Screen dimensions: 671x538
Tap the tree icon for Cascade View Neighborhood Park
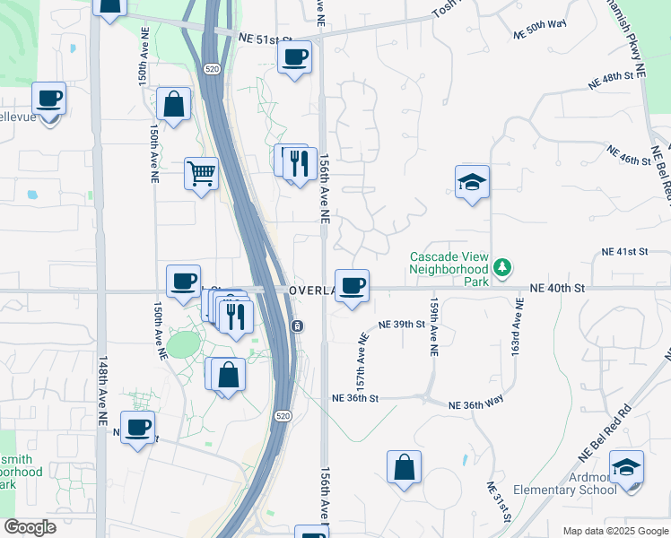(x=503, y=266)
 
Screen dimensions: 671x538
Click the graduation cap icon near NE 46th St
(x=472, y=183)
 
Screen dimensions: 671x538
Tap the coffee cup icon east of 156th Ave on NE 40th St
(x=353, y=286)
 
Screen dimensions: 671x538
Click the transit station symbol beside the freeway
(x=296, y=325)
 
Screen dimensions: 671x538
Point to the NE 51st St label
(x=266, y=39)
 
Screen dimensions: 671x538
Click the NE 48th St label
(x=623, y=77)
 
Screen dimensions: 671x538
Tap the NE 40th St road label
(x=557, y=288)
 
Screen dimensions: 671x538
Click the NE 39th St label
(x=401, y=324)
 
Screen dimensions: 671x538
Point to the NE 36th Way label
(x=484, y=405)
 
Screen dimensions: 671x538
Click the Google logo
(x=30, y=527)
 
